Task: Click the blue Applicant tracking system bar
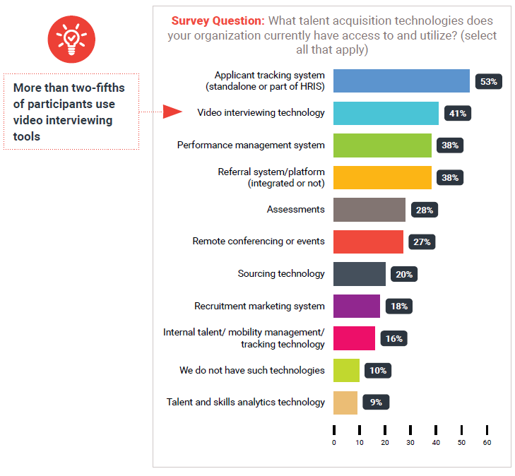[401, 81]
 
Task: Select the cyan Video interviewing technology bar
[386, 113]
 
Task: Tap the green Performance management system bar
[382, 145]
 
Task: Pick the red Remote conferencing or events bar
[368, 242]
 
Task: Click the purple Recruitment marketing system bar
[357, 307]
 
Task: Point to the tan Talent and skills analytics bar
[345, 403]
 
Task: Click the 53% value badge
[489, 81]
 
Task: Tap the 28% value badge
[425, 210]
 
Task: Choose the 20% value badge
[404, 274]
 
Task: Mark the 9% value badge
[376, 403]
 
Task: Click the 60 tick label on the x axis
[487, 443]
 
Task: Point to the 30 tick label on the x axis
[410, 443]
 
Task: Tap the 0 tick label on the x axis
[334, 443]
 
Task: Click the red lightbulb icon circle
[71, 38]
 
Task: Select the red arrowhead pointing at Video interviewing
[172, 112]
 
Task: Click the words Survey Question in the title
[217, 20]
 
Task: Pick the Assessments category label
[295, 209]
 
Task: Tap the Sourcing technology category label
[281, 273]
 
